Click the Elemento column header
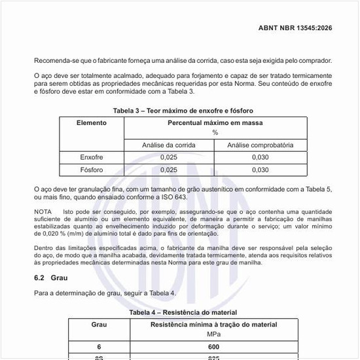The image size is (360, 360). point(91,123)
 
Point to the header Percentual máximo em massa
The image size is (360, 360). point(215,123)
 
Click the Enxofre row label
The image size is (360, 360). point(92,158)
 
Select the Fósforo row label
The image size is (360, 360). point(92,170)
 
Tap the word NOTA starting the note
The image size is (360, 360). point(43,213)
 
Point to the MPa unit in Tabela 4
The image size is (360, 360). point(214,334)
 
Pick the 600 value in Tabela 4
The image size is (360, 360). point(214,347)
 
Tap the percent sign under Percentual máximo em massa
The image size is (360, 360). point(215,132)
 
